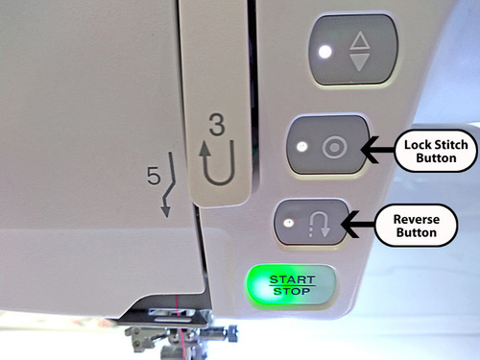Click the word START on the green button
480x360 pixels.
point(292,279)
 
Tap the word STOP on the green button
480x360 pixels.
point(292,291)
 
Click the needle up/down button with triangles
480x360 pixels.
point(353,50)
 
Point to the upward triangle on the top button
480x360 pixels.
point(360,40)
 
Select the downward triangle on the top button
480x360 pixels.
point(360,62)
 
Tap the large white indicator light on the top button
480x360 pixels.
point(325,52)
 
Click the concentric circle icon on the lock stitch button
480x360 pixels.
point(334,148)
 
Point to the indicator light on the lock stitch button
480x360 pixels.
point(301,147)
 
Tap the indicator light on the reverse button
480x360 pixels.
point(289,223)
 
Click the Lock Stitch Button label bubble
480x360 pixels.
point(436,151)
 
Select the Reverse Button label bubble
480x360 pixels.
point(417,226)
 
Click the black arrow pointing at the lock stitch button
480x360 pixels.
point(377,150)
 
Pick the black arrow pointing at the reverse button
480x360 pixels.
point(358,224)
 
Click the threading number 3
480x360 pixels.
point(217,124)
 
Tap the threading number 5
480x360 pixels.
point(154,176)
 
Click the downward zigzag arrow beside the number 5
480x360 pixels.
point(169,185)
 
